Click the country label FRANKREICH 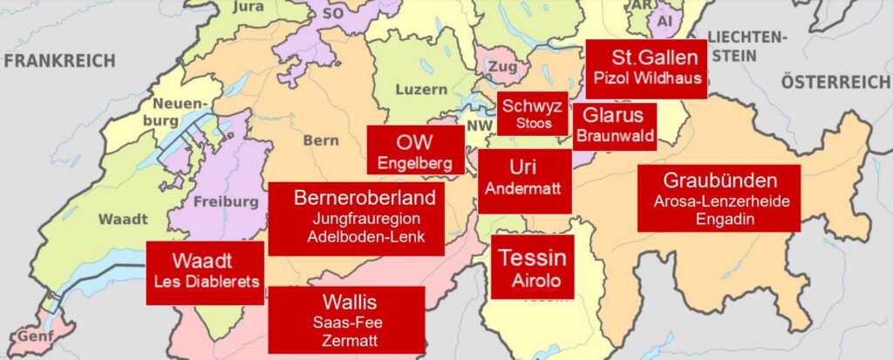59,61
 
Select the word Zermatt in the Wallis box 346,340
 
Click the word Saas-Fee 346,322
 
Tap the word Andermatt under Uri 523,188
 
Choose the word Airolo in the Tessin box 531,281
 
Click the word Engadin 719,218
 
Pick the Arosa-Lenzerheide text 719,201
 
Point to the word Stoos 533,123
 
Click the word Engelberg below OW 414,163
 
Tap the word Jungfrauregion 353,218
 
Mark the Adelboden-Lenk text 353,237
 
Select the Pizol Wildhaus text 645,77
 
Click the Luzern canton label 421,89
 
